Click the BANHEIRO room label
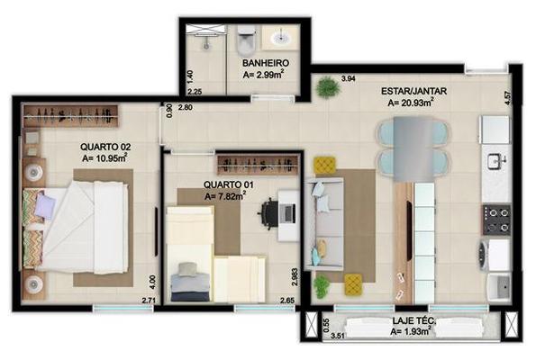click(266, 63)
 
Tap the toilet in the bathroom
click(247, 40)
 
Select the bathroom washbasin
click(281, 37)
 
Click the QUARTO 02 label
click(105, 148)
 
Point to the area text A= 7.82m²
click(225, 196)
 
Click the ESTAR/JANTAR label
click(414, 91)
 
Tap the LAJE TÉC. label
click(414, 320)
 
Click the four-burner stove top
click(497, 220)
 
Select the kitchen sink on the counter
click(496, 161)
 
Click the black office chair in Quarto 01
click(269, 213)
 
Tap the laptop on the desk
click(289, 213)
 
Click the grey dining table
click(413, 148)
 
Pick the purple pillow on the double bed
click(45, 205)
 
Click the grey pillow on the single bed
click(187, 269)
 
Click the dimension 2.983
click(295, 277)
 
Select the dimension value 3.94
click(349, 79)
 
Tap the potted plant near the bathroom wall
click(328, 87)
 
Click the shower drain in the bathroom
click(205, 44)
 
